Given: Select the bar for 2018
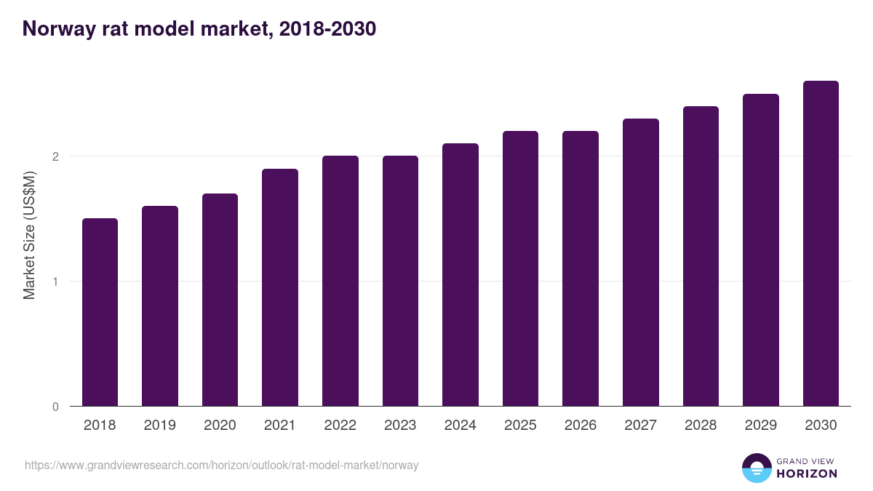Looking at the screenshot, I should click(x=100, y=312).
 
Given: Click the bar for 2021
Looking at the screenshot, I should click(x=280, y=287).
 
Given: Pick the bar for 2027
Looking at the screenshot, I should click(x=641, y=263).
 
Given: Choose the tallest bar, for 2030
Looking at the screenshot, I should click(x=821, y=244).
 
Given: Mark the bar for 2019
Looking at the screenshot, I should click(x=160, y=306).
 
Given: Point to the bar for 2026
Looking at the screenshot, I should click(x=581, y=268).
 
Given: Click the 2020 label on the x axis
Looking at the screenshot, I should click(x=220, y=426).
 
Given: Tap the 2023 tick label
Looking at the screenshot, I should click(x=400, y=426).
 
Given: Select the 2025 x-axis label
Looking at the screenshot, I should click(x=520, y=426).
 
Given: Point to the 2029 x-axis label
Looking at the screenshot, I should click(x=761, y=426).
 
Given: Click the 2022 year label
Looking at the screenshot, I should click(x=340, y=426).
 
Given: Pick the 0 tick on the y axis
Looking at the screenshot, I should click(x=55, y=407).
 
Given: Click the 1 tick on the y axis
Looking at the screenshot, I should click(x=55, y=282).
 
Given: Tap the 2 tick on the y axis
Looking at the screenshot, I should click(x=55, y=156).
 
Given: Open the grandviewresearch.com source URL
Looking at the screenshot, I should click(x=222, y=465).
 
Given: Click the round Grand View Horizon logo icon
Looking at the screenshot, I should click(x=756, y=468).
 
